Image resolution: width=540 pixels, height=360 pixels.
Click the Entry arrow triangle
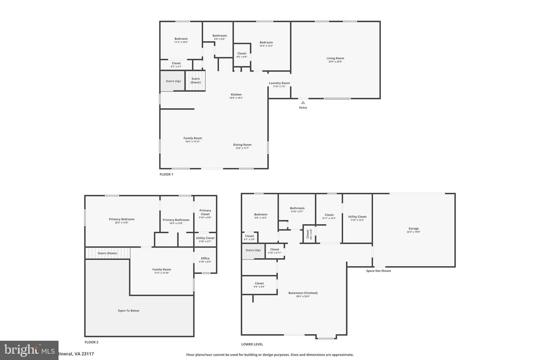coord(303,102)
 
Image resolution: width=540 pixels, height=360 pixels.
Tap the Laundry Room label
coord(279,83)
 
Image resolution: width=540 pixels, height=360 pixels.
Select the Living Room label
coord(335,58)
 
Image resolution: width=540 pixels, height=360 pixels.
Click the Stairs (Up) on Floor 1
coord(173,81)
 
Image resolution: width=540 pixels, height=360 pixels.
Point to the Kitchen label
coord(236,94)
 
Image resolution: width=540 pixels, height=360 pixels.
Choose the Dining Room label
coord(242,145)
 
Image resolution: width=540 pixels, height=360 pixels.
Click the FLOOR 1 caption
coord(166,174)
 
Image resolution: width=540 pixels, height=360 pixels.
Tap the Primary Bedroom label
coord(121,219)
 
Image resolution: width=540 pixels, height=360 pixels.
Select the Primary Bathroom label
coord(176,220)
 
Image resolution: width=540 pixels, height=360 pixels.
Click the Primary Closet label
coord(205,212)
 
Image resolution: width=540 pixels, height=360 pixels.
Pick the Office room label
coord(205,258)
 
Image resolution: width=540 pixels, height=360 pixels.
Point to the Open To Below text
coord(129,310)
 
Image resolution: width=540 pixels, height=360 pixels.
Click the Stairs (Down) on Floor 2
coord(107,253)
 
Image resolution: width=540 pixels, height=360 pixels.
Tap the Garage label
coord(414,228)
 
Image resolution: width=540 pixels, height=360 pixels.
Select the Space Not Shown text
coord(378,271)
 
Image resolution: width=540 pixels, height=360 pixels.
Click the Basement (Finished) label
coord(303,293)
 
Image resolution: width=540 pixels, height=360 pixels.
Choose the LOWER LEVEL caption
coord(252,344)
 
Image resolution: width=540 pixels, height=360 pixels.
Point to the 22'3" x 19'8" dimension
coord(414,232)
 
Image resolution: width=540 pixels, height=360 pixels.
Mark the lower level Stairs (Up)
coord(253,250)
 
